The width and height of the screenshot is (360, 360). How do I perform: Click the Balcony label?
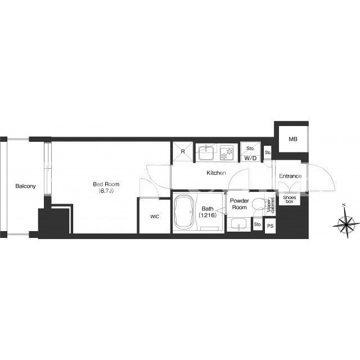[x=25, y=186]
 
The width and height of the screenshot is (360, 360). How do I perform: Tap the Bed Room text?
[x=106, y=184]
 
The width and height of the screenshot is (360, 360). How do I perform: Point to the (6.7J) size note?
[x=106, y=191]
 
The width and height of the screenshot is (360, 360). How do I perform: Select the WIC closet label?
[x=155, y=217]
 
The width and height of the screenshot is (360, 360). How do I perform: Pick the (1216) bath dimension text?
[x=208, y=215]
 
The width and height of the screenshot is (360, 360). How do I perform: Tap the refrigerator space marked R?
[x=183, y=151]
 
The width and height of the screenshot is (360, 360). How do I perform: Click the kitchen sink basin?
[x=207, y=153]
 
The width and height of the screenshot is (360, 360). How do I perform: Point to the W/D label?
[x=250, y=159]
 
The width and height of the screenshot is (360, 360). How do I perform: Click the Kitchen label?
[x=216, y=173]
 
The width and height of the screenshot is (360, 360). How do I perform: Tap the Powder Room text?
[x=240, y=204]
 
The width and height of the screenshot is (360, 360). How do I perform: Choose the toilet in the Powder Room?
[x=258, y=203]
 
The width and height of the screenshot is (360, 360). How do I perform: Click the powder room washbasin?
[x=238, y=224]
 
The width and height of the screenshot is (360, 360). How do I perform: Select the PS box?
[x=270, y=226]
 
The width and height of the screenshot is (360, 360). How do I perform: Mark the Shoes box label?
[x=289, y=199]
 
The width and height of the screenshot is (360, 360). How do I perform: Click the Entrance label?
[x=290, y=176]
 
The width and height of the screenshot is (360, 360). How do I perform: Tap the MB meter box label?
[x=293, y=139]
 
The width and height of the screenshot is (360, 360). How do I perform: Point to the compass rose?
[x=346, y=221]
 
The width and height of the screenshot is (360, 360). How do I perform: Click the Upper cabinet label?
[x=271, y=205]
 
